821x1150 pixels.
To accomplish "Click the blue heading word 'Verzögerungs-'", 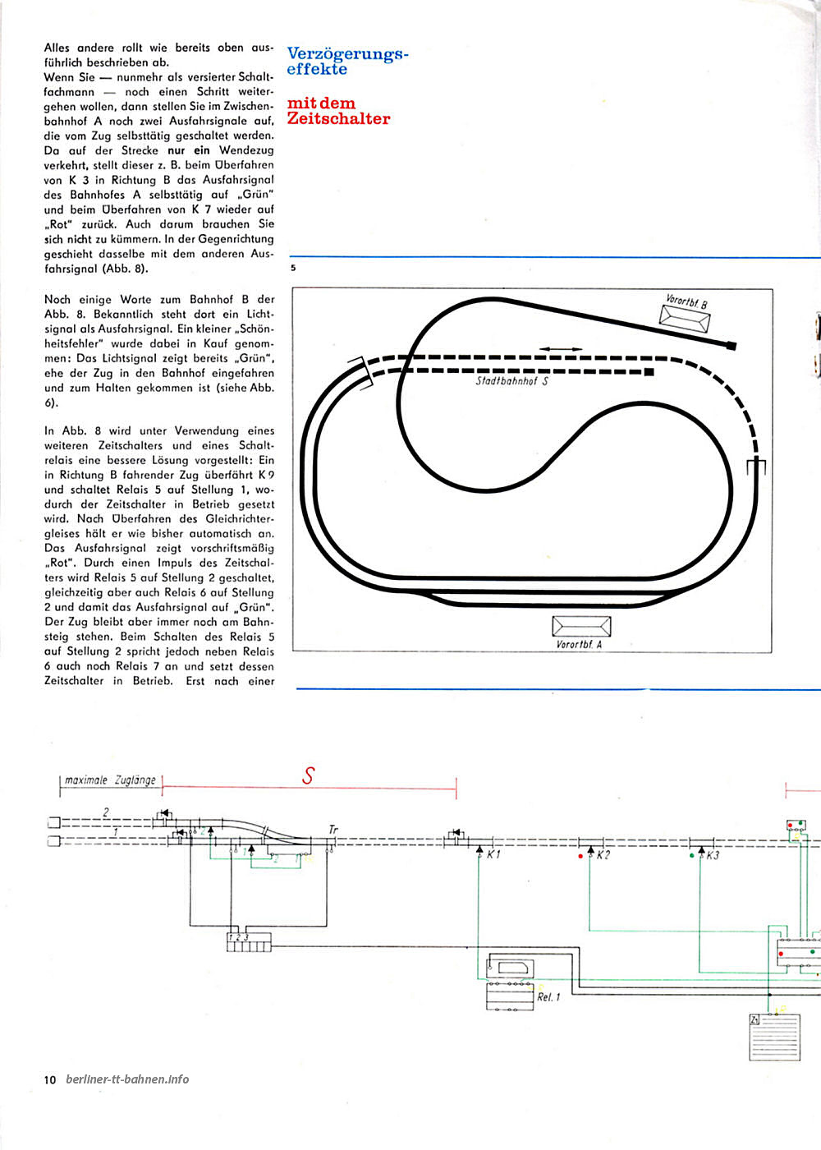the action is (347, 53).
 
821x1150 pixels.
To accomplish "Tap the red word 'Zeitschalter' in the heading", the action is (338, 118).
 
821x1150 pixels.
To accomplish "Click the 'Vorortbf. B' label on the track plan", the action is (686, 301).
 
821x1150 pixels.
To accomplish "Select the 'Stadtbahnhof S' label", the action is (511, 381).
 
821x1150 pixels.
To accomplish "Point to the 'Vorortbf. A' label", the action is (579, 644).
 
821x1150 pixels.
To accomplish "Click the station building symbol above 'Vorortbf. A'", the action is (581, 626).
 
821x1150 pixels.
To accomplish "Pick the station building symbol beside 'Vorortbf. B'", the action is (685, 319).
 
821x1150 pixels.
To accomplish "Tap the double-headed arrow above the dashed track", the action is (561, 349).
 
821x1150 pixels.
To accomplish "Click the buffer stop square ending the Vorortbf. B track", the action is (732, 346).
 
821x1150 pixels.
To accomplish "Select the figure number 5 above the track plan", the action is (293, 268).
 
